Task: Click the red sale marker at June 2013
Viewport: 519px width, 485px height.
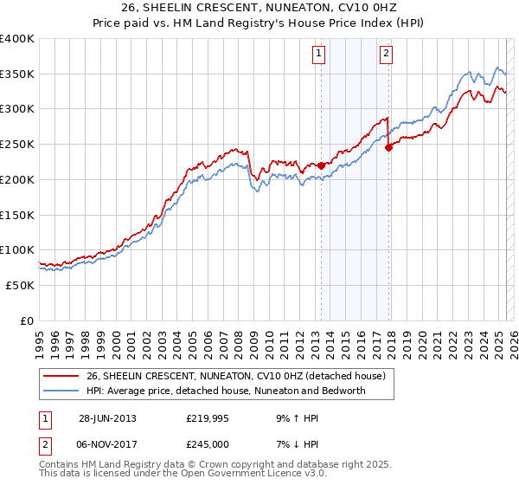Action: (321, 165)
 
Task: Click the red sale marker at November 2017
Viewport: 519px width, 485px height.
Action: (388, 147)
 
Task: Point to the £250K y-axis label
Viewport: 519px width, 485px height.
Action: (17, 145)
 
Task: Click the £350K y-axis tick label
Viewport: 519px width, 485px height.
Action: (17, 74)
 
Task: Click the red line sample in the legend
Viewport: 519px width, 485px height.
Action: (61, 376)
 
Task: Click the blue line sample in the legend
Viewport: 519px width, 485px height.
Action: (61, 391)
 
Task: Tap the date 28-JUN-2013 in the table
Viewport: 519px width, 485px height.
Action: (107, 418)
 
